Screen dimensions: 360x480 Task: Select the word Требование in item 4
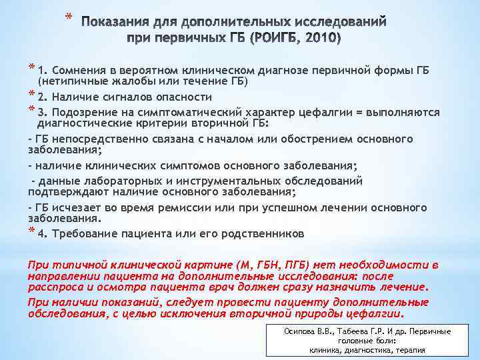coord(85,234)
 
